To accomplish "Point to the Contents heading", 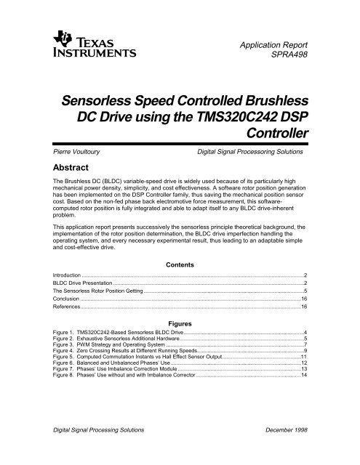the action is [180, 264].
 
